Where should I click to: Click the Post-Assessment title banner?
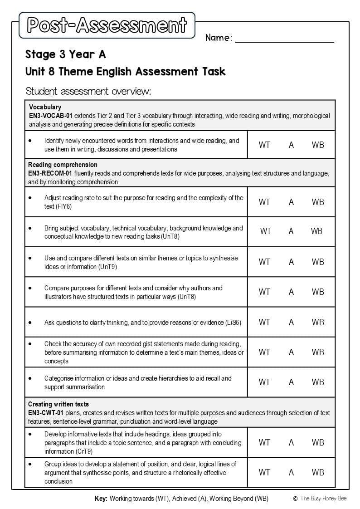[x=107, y=25]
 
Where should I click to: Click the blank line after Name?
[x=284, y=39]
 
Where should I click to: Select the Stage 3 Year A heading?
[x=65, y=55]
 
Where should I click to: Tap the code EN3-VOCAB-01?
[x=50, y=116]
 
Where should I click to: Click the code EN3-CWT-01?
[x=46, y=413]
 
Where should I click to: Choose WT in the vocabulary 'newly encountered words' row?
[x=264, y=145]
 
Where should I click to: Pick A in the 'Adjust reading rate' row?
[x=291, y=202]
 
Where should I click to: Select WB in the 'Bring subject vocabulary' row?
[x=316, y=231]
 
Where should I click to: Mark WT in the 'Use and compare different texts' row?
[x=264, y=262]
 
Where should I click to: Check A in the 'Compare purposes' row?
[x=291, y=292]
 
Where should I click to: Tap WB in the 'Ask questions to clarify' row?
[x=318, y=322]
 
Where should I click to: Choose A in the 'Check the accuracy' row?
[x=291, y=352]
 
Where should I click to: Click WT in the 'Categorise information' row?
[x=264, y=382]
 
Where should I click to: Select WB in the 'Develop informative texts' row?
[x=318, y=442]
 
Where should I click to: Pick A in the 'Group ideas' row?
[x=291, y=472]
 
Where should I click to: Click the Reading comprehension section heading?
[x=63, y=165]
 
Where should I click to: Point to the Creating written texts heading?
[x=58, y=404]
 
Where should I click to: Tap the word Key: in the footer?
[x=101, y=499]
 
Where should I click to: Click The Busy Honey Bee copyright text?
[x=323, y=499]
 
